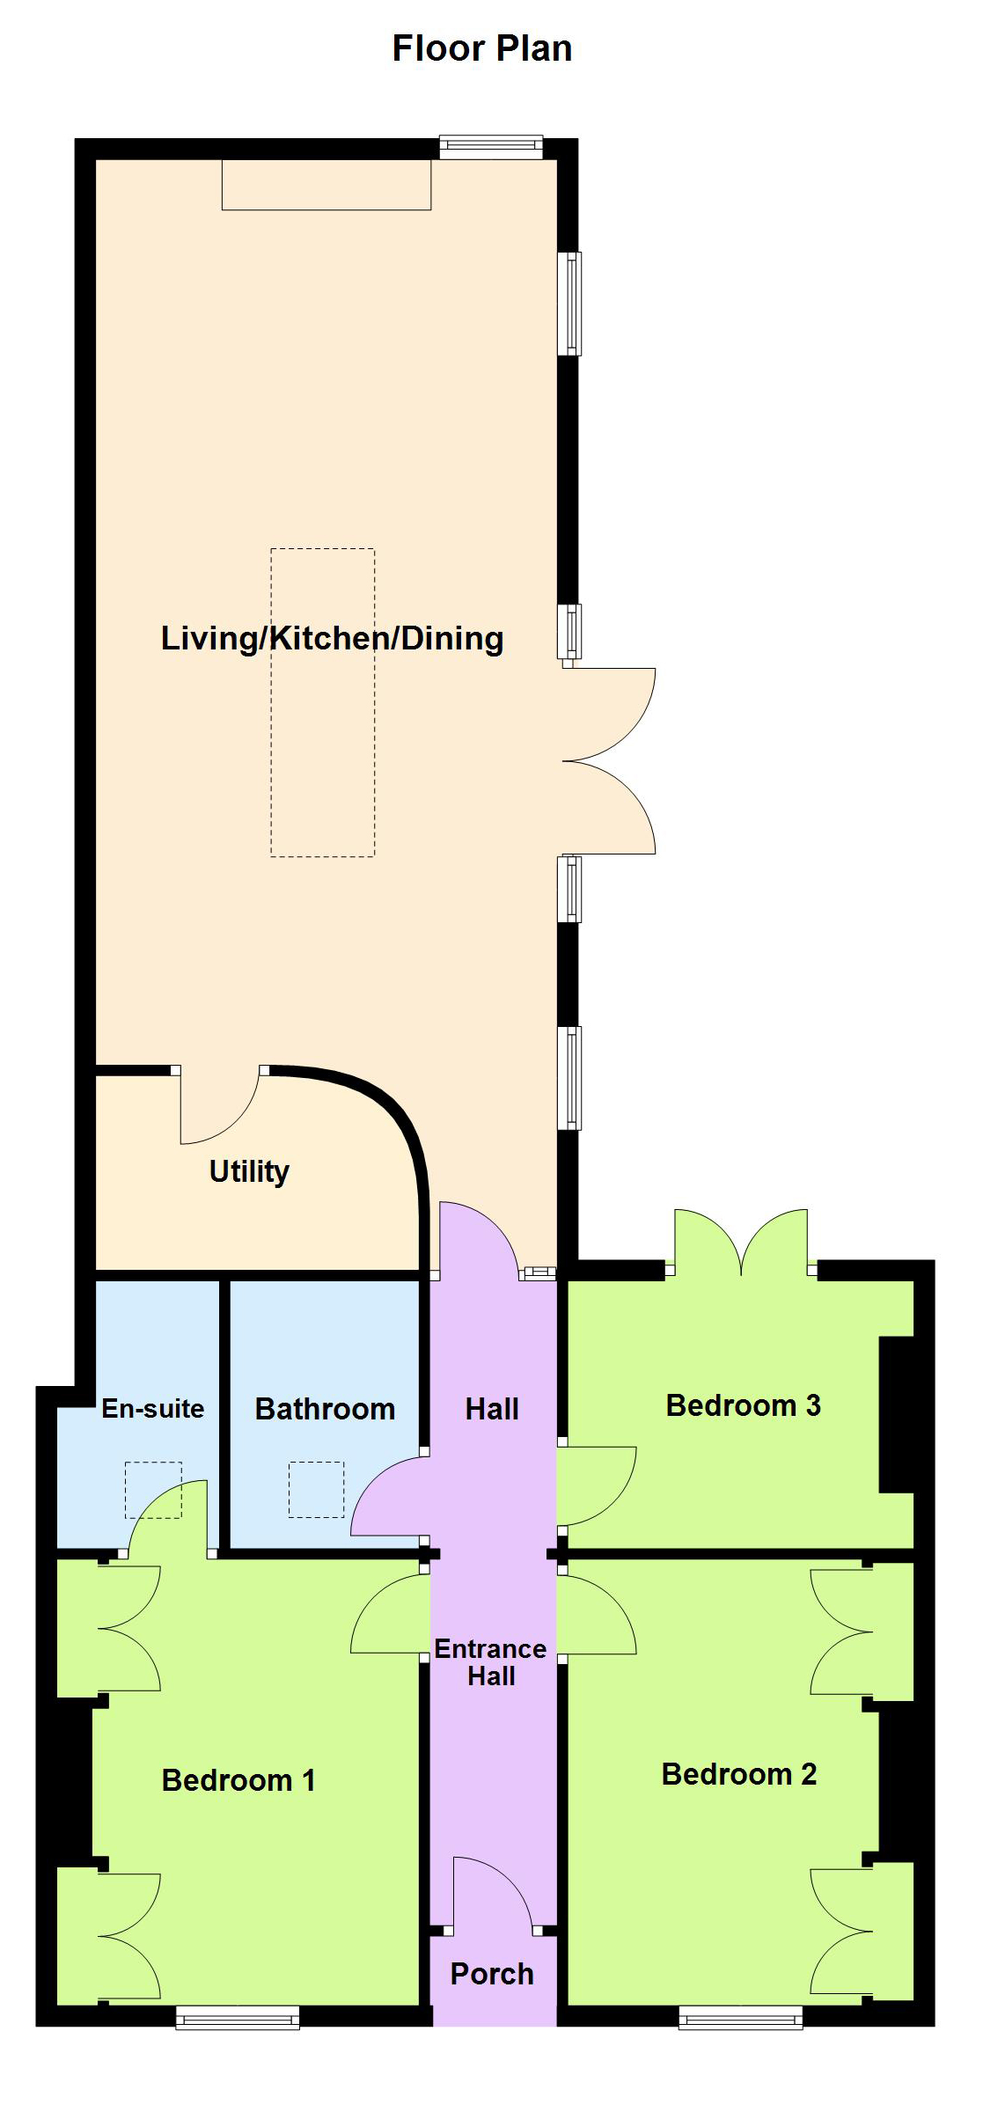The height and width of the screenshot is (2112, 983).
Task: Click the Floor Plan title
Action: (482, 48)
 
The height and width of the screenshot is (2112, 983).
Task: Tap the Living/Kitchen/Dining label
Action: (332, 638)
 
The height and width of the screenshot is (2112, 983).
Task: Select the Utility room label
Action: (249, 1171)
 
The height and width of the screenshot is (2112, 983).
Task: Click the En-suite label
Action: (153, 1408)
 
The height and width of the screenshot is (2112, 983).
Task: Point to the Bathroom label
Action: (325, 1409)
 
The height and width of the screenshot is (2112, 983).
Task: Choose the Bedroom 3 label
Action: (744, 1405)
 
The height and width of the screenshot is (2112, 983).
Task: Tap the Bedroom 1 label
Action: (238, 1780)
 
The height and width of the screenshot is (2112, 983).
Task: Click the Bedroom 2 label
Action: (739, 1774)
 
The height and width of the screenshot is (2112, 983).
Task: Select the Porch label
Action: (492, 1974)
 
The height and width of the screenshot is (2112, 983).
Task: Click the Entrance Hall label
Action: (491, 1662)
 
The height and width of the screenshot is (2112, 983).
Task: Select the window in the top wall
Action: (491, 147)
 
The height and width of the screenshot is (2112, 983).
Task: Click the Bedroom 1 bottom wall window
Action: (238, 2017)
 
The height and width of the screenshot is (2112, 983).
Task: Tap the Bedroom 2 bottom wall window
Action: (740, 2017)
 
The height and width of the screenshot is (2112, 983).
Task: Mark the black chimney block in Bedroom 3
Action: (897, 1415)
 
